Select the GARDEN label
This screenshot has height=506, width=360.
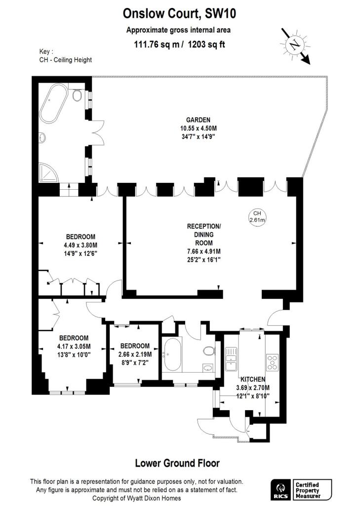(x=198, y=120)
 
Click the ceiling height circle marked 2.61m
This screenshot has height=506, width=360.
(x=257, y=216)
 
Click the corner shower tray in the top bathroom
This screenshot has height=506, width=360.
(x=47, y=171)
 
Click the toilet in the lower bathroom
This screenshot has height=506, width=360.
(x=209, y=351)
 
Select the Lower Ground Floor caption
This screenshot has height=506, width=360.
(x=177, y=463)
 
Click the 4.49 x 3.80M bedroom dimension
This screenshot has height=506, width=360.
(x=80, y=245)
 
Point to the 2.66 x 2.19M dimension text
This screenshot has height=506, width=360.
(x=135, y=354)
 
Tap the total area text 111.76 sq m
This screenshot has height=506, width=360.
(x=153, y=44)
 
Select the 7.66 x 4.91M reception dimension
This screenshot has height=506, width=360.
(x=204, y=252)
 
